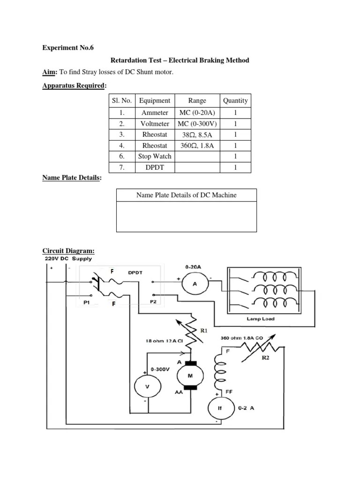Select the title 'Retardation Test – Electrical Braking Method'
point(180,60)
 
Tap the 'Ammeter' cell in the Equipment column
point(155,112)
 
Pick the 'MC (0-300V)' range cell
point(197,124)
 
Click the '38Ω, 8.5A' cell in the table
point(197,135)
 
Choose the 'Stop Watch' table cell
point(155,156)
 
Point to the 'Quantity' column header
point(235,101)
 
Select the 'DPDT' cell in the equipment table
point(155,167)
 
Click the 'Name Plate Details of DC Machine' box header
point(186,195)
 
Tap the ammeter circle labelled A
point(194,284)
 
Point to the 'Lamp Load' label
point(260,319)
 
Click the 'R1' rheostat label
point(204,330)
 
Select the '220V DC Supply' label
point(68,258)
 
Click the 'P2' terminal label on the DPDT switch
point(153,302)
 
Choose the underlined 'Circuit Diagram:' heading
point(68,251)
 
